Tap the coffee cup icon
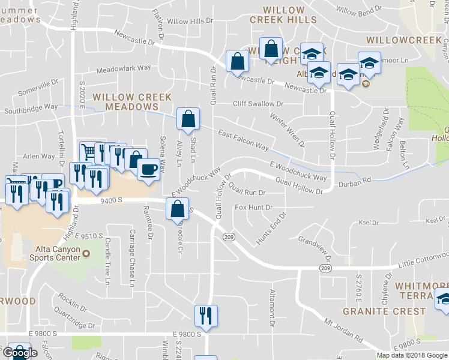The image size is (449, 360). click(148, 169)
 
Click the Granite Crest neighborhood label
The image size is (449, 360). click(384, 312)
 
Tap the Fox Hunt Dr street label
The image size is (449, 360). click(253, 208)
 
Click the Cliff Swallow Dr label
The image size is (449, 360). click(258, 104)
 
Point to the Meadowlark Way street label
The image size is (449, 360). click(123, 68)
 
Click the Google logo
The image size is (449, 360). click(20, 353)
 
